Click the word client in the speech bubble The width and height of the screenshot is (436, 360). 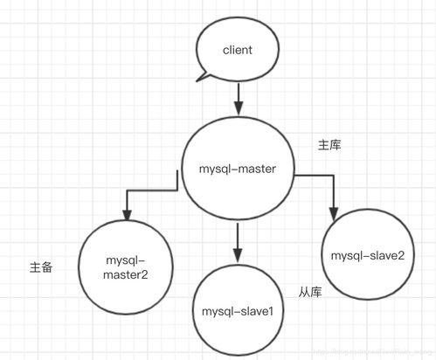[238, 51]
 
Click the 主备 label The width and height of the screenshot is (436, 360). [40, 267]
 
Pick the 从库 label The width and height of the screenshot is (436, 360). [311, 292]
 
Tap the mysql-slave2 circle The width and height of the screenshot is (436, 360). [367, 254]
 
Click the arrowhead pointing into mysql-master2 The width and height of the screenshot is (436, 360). [128, 215]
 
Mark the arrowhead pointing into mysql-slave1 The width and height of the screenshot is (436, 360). [237, 253]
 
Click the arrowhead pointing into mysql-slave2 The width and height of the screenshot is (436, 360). [333, 214]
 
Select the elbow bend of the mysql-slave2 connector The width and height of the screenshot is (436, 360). [333, 176]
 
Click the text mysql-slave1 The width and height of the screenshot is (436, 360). [238, 311]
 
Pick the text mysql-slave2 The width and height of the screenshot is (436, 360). [367, 255]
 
